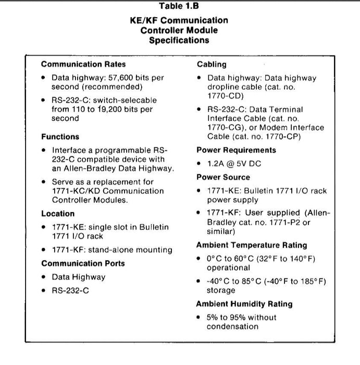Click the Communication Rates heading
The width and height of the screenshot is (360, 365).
(83, 65)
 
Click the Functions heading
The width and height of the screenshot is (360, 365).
(60, 137)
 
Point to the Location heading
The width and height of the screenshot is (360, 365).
(57, 213)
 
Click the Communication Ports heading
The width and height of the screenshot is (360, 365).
(83, 263)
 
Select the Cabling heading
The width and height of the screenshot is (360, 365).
(212, 65)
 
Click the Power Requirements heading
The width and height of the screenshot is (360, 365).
(236, 150)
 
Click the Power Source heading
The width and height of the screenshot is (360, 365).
(223, 177)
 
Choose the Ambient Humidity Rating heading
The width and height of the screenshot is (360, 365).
(244, 304)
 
